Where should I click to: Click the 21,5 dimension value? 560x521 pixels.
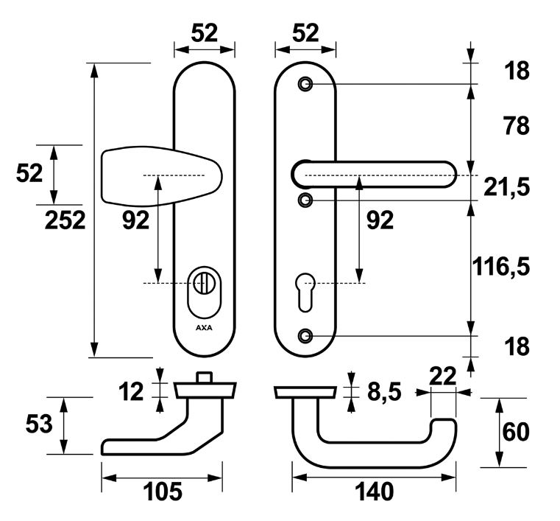tap(507, 188)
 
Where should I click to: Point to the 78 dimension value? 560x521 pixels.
tap(517, 127)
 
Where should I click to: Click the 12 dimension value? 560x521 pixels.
tap(132, 391)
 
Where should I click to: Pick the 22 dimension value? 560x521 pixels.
tap(444, 376)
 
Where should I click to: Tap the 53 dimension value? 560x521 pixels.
tap(40, 425)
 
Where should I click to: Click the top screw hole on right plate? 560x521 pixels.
tap(305, 85)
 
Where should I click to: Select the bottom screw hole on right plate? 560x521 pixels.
tap(305, 336)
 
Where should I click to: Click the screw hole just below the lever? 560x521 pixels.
tap(305, 200)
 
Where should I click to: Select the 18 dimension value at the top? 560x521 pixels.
tap(517, 72)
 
